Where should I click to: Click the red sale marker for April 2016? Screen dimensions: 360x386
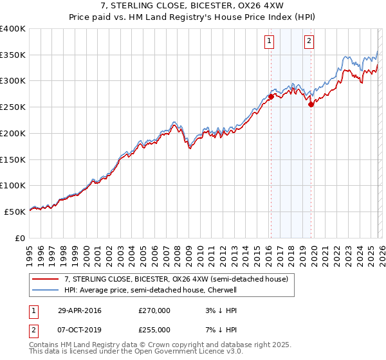tap(271, 96)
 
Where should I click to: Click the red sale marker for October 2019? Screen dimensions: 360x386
tap(311, 104)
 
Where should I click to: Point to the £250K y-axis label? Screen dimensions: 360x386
tap(13, 107)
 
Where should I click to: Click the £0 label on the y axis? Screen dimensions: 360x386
tap(21, 238)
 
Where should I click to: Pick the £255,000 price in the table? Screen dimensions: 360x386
tap(154, 329)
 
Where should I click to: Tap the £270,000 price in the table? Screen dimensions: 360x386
tap(154, 310)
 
